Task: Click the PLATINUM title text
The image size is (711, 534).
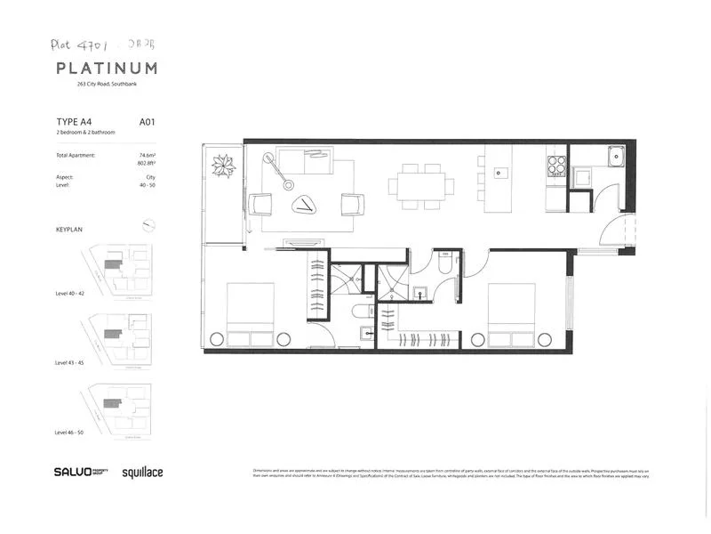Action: [107, 69]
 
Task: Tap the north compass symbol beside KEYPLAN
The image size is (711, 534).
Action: [149, 226]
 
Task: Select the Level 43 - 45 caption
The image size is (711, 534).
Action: [74, 363]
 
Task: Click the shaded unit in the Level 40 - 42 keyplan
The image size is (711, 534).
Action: [113, 264]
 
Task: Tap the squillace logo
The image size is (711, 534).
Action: [142, 473]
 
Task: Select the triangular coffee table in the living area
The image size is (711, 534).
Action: [305, 205]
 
